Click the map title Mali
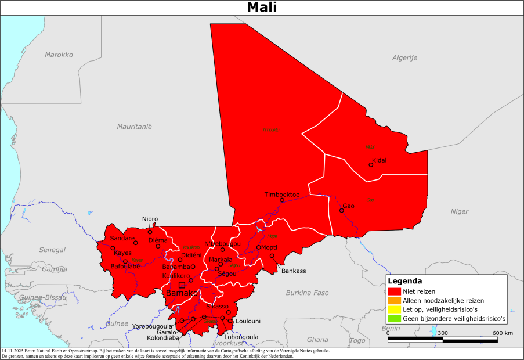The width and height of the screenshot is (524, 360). (262, 8)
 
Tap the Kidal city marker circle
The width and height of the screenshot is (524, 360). (371, 165)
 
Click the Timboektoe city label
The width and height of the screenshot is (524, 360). (282, 195)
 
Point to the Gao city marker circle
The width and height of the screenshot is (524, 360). (341, 210)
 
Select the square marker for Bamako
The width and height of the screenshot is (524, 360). (182, 285)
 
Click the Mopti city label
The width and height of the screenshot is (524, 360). (269, 247)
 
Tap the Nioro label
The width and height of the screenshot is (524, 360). (150, 219)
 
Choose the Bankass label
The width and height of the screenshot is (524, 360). (293, 271)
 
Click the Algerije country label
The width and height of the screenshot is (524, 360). (404, 57)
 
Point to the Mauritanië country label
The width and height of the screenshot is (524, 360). (133, 126)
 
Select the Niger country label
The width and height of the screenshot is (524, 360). (459, 211)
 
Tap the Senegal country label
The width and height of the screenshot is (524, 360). (52, 250)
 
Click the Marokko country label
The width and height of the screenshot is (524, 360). (59, 55)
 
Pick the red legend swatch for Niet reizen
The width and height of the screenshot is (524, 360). (395, 291)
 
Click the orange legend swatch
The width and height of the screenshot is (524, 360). (395, 300)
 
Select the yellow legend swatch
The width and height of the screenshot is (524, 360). (395, 309)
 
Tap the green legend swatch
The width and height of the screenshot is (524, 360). (395, 319)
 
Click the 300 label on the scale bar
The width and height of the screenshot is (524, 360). (443, 333)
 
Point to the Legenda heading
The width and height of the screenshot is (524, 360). (404, 281)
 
